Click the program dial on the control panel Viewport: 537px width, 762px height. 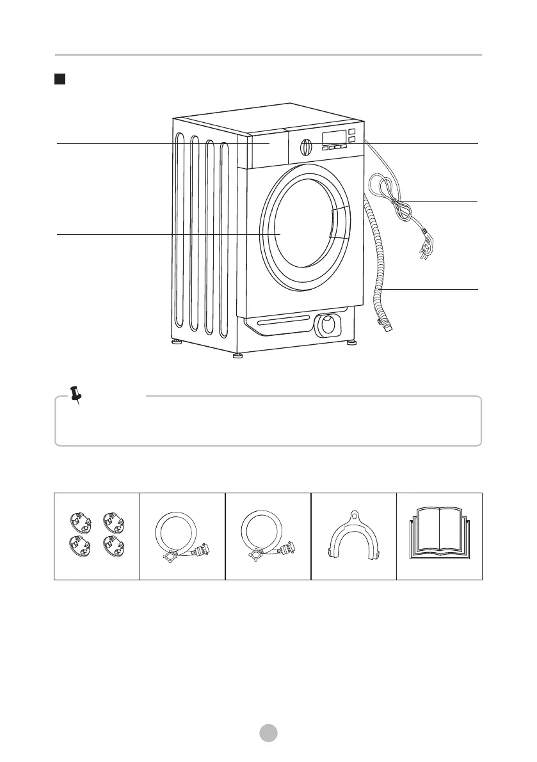(307, 147)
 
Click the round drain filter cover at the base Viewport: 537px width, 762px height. (328, 325)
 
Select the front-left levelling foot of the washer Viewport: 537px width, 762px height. (237, 354)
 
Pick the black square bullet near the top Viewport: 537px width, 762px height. (60, 79)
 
